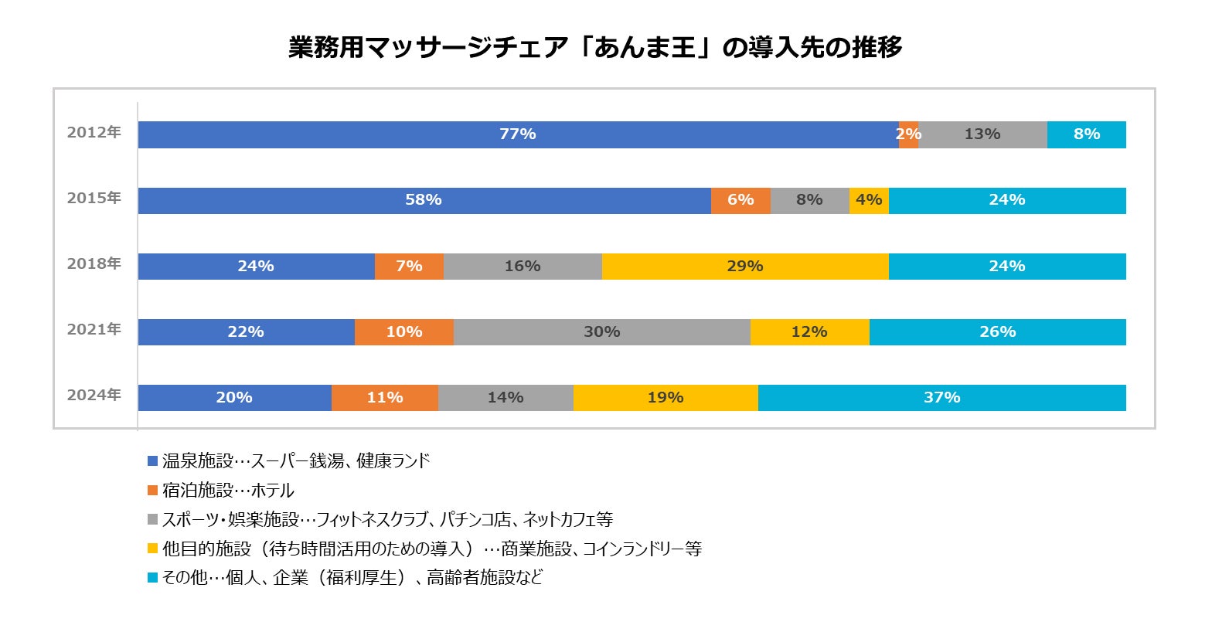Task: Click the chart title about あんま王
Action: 595,48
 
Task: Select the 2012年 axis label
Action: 94,132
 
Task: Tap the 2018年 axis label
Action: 94,263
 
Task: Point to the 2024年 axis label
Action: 94,395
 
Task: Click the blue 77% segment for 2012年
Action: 517,134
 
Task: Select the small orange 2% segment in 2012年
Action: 908,134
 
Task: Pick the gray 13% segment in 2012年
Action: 982,134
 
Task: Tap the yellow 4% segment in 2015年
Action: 869,200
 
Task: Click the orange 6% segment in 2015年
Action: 740,200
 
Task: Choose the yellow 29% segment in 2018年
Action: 745,267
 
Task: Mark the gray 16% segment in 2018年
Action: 523,267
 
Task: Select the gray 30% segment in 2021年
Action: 601,332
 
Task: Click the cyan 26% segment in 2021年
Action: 997,332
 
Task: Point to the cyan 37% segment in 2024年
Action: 941,398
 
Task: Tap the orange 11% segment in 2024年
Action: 384,398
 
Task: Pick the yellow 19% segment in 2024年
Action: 665,398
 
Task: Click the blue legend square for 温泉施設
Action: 153,461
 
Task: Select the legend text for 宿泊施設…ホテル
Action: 228,491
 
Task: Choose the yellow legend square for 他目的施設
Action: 153,549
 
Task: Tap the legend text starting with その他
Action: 352,578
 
